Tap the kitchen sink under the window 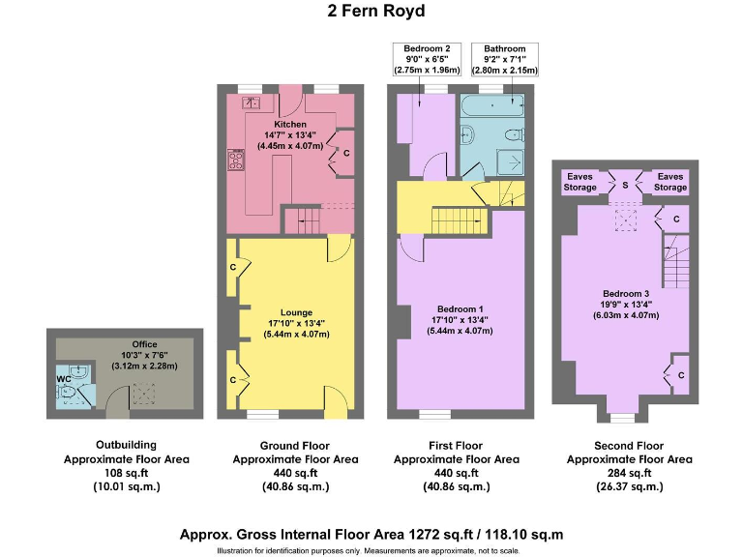pos(251,101)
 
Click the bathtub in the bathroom pos(493,104)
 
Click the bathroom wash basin pos(465,134)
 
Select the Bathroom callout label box pos(504,59)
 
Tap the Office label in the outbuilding pos(143,344)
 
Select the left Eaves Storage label pos(580,182)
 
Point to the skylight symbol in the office pos(144,392)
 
